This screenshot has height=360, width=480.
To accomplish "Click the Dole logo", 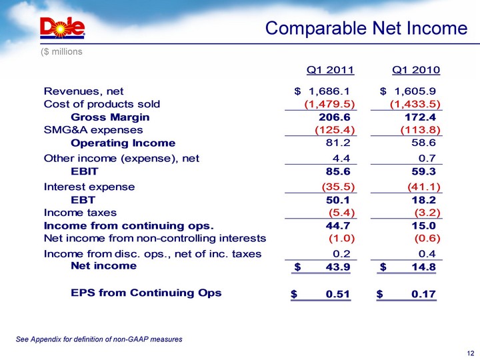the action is (63, 28).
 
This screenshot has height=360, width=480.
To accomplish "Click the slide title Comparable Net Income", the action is (366, 29).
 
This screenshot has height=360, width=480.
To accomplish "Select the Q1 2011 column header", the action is (330, 70).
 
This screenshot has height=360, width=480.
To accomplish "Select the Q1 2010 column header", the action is (416, 70).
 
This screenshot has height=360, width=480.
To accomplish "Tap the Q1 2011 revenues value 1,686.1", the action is (329, 91).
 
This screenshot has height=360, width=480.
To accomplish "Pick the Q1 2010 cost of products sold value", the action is (415, 104).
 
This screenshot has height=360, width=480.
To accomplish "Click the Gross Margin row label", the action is (110, 117).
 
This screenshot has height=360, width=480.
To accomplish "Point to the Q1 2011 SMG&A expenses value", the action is (335, 130).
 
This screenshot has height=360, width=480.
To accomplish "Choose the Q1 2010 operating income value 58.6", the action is (423, 143).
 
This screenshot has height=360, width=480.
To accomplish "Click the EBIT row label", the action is (85, 171).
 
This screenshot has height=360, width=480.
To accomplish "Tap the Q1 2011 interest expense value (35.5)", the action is (338, 187).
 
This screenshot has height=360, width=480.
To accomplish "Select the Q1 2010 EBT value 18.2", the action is (423, 200).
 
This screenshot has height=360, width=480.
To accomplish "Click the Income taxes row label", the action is (80, 213).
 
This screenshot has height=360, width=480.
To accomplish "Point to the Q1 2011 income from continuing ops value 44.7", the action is (338, 226).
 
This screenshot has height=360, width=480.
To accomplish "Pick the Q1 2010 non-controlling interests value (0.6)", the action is (427, 239).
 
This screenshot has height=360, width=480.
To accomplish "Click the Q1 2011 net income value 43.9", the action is (338, 267).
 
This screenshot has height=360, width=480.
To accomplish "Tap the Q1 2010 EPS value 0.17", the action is (424, 294).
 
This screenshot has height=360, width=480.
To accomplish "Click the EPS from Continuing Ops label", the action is (146, 293).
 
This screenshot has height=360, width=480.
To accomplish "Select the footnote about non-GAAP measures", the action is (99, 339).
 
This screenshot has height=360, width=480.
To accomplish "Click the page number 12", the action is (471, 353).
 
